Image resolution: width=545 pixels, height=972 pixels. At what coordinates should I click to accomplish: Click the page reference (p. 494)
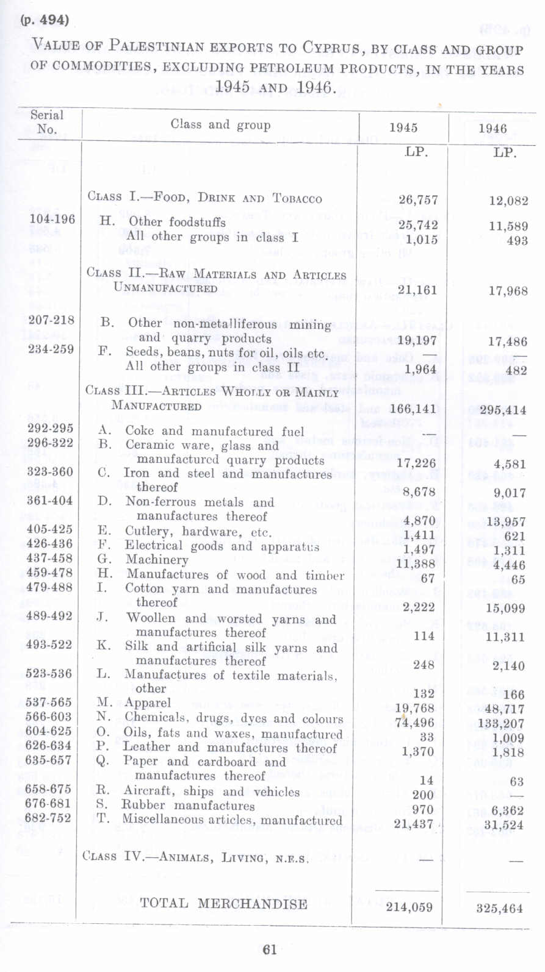click(45, 20)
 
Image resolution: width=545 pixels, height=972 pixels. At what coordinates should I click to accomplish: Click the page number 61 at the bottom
click(270, 949)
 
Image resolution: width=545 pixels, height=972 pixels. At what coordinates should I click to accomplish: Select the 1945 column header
click(403, 128)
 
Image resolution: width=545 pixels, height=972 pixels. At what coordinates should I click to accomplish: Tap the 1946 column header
click(493, 129)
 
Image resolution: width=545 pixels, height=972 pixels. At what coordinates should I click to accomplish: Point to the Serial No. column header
click(47, 122)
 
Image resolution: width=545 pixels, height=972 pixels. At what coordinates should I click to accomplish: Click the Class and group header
click(220, 125)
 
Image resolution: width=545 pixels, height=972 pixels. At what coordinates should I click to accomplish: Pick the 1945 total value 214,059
click(409, 907)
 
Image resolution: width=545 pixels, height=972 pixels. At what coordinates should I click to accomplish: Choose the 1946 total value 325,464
click(499, 909)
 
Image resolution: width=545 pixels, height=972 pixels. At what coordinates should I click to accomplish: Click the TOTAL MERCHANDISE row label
click(223, 904)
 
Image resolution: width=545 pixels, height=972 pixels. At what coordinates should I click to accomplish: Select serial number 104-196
click(52, 220)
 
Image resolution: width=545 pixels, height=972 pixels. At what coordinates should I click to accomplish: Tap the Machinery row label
click(157, 560)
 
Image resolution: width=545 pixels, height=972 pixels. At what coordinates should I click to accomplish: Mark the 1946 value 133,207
click(501, 724)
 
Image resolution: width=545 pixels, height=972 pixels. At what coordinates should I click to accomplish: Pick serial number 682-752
click(48, 818)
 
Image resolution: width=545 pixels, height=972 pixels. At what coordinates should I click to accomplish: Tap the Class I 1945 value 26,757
click(418, 200)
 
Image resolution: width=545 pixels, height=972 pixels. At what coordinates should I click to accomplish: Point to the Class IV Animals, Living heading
click(195, 857)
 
